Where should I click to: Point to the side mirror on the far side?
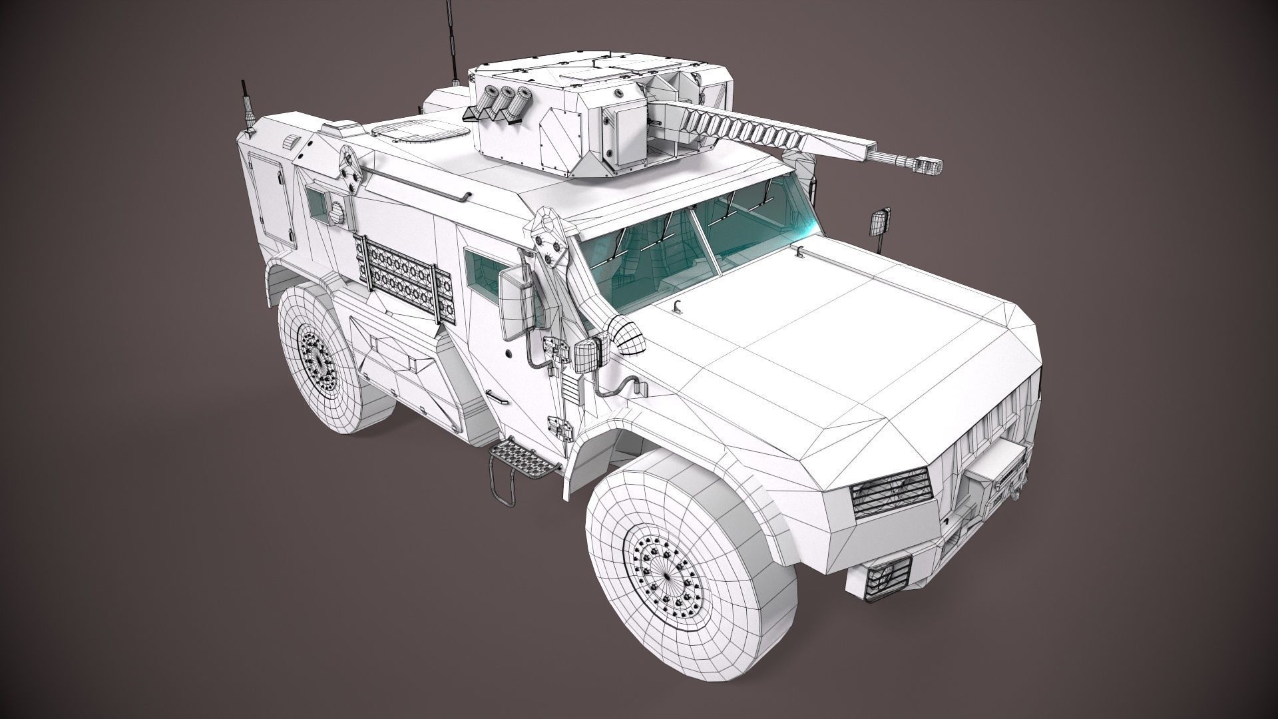click(x=880, y=224)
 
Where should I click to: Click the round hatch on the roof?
click(x=418, y=134)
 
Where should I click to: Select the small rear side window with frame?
click(x=320, y=200)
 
